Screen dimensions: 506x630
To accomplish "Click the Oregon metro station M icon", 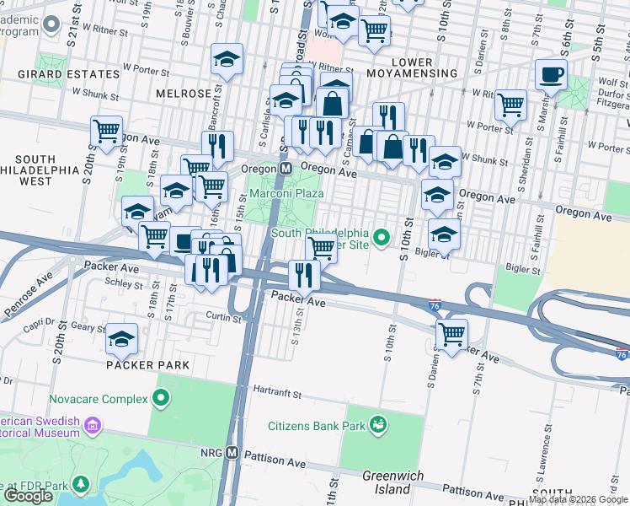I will coord(286,169).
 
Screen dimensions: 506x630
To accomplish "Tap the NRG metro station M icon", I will coord(231,454).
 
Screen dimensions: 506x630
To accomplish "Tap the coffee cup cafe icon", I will coord(551,77).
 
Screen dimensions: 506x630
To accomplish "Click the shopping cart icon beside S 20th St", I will coord(107,132).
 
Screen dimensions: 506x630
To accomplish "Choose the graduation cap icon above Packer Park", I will coord(122,339).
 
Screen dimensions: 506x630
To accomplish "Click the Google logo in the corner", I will coord(28,496).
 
